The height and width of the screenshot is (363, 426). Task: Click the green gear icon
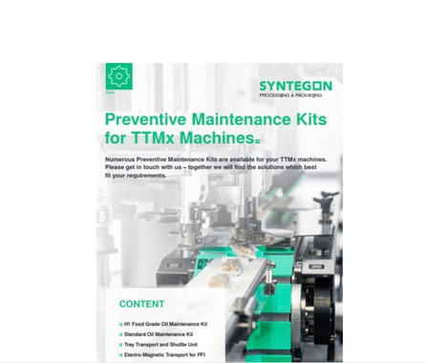click(118, 75)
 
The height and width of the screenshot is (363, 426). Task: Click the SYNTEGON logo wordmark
click(295, 86)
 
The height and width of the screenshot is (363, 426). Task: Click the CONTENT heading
click(142, 304)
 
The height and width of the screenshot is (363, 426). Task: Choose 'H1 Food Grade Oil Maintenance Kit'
click(167, 326)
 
